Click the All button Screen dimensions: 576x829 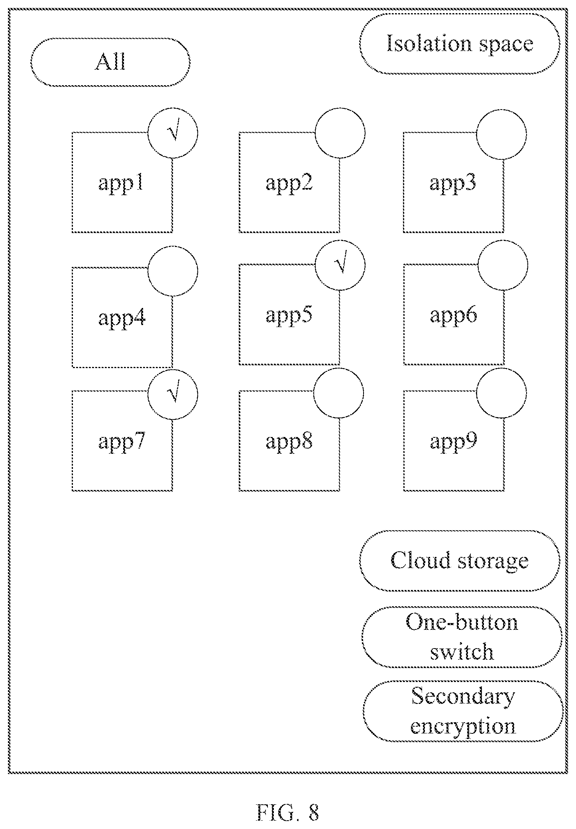(110, 62)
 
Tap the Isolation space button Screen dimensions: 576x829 (460, 43)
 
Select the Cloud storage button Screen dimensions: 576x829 (460, 561)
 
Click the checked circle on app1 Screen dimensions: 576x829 (173, 133)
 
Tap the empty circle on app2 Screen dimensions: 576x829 (340, 133)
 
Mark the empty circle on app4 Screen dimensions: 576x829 (173, 271)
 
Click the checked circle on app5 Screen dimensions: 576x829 (340, 265)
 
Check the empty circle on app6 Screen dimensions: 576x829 (503, 265)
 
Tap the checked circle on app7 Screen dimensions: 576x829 (173, 394)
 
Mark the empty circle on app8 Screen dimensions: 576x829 (339, 393)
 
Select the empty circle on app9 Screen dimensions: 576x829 (502, 393)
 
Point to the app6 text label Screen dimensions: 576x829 (453, 315)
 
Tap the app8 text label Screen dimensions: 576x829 (289, 442)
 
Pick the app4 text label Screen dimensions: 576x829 (122, 319)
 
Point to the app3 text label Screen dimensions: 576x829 (453, 184)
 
